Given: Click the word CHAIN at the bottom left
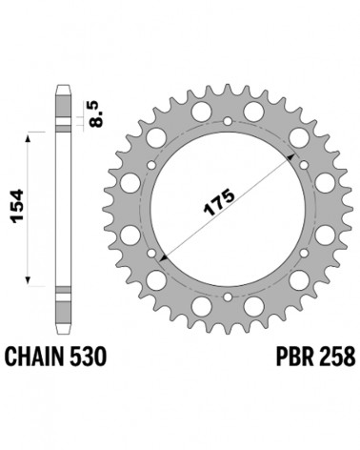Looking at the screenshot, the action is [x=34, y=356].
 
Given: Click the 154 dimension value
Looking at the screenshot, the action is [x=17, y=206].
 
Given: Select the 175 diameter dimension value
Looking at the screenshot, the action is [x=219, y=202].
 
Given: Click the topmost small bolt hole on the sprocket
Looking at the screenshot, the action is [x=228, y=121].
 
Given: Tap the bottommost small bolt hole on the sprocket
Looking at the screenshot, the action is [x=228, y=297].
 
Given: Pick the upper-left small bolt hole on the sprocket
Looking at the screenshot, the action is [x=152, y=165].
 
